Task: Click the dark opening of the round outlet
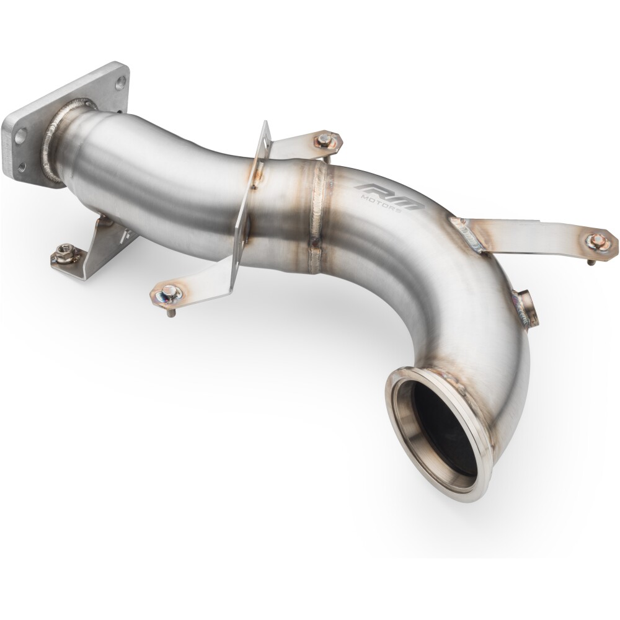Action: [440, 434]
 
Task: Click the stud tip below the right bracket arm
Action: [590, 262]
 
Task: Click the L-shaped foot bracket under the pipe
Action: [93, 260]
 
